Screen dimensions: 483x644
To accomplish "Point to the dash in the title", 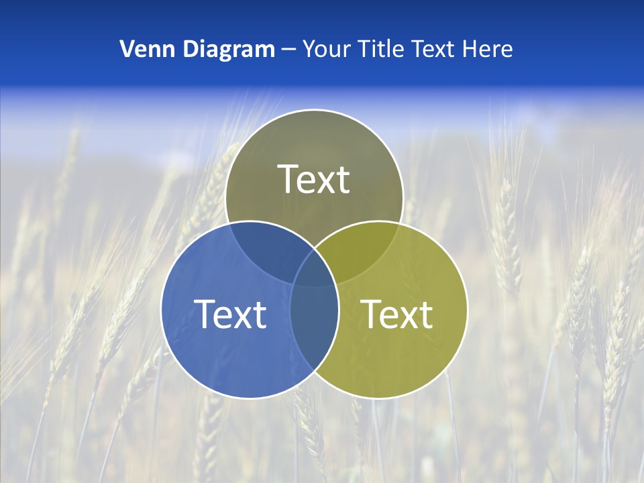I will (x=288, y=50).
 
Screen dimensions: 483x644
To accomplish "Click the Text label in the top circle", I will (x=314, y=179).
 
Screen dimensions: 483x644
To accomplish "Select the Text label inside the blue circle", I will (x=230, y=313).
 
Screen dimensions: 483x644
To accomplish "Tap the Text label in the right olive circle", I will (x=397, y=313).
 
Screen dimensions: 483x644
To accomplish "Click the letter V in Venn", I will (x=127, y=49).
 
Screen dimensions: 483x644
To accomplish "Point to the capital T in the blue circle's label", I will (x=207, y=313).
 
